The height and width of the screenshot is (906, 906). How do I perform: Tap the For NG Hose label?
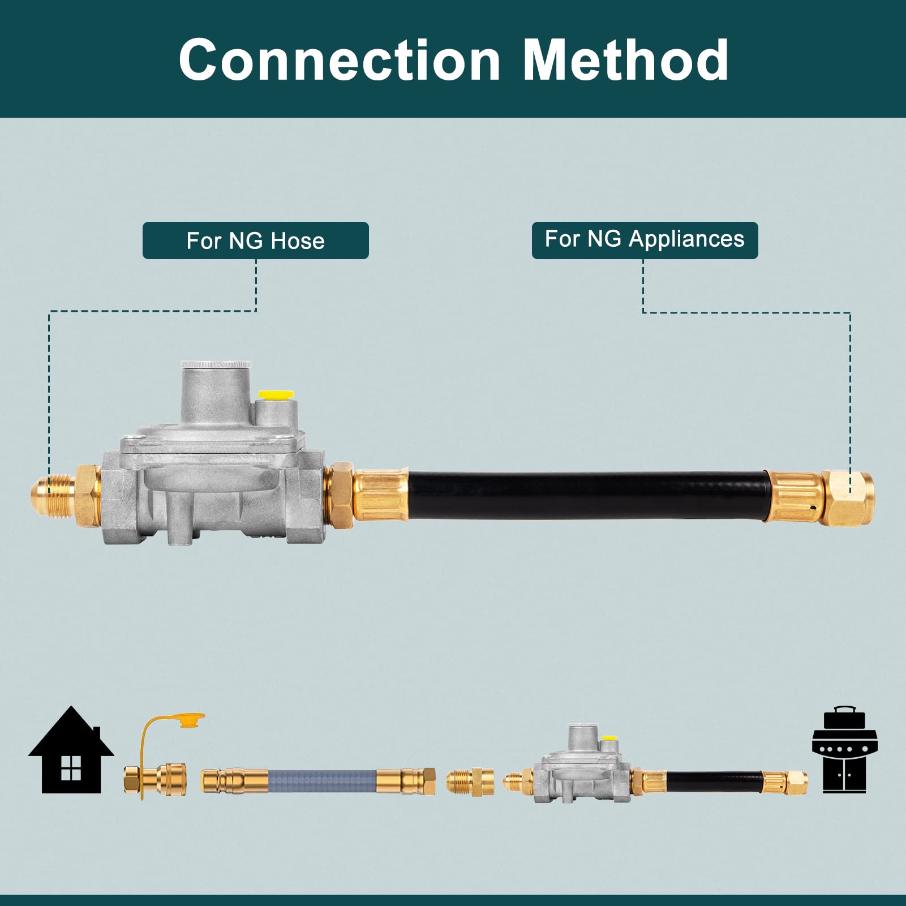point(255,241)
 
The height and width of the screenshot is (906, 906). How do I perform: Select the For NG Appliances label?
point(645,239)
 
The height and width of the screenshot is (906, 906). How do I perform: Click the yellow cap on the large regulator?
point(276,394)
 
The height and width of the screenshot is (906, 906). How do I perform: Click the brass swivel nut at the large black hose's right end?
point(847,497)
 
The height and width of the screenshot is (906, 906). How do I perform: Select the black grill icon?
point(844,750)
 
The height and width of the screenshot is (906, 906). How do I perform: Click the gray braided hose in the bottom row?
point(323,781)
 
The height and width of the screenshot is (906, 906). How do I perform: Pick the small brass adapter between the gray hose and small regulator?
point(470,782)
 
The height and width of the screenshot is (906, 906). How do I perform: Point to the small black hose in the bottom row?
point(714,781)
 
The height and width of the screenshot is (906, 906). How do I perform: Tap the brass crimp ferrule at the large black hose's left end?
point(380,494)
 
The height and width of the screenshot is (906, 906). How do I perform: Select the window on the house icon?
point(71,768)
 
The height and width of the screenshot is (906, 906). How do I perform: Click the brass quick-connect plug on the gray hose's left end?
point(233,781)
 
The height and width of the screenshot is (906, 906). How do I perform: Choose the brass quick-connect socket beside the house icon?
point(156,780)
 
